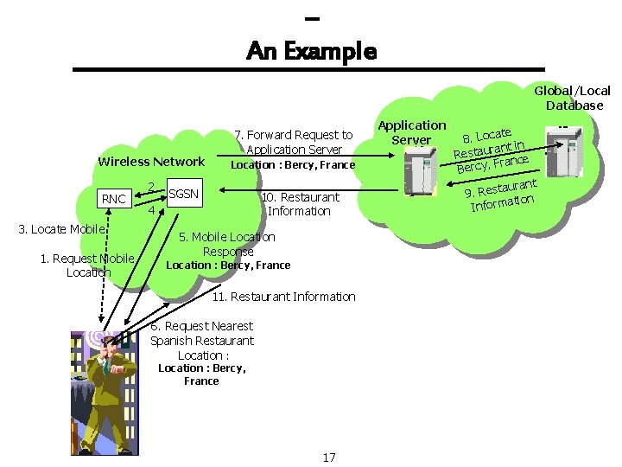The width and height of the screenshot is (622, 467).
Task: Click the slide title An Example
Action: tap(311, 51)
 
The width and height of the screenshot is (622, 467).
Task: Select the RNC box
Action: tap(114, 199)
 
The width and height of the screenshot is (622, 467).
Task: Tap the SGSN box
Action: tap(182, 194)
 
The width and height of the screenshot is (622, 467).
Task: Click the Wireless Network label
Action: tap(151, 161)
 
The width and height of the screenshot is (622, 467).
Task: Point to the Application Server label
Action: tap(412, 132)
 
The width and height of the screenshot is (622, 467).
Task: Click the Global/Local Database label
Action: tap(573, 98)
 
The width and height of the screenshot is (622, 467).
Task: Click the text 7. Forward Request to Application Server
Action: tap(294, 142)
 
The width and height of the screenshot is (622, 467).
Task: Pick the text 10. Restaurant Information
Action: tap(299, 204)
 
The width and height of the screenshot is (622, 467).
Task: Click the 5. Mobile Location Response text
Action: tap(227, 244)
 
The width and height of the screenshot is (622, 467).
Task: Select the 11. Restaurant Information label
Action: tap(283, 297)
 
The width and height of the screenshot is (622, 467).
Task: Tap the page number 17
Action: tap(328, 457)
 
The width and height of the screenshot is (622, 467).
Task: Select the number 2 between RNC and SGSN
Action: tap(150, 186)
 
